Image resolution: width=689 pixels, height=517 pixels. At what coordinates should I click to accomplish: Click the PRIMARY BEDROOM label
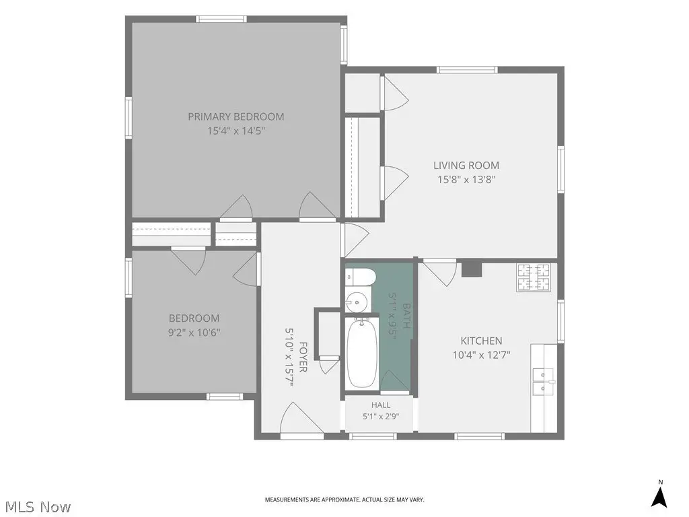[x=236, y=116]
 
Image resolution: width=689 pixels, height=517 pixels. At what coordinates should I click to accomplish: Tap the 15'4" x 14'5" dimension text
[x=236, y=131]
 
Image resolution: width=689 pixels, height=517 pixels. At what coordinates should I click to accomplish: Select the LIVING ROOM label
[x=466, y=166]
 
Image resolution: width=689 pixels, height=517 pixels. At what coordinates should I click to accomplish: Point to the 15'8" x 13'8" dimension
[x=466, y=179]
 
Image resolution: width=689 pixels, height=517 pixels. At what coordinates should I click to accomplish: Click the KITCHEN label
[x=481, y=341]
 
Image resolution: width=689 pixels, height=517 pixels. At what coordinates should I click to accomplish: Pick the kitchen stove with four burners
[x=534, y=277]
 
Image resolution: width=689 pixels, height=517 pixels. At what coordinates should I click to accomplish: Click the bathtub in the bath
[x=361, y=353]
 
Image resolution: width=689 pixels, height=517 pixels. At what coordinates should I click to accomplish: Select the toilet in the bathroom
[x=361, y=277]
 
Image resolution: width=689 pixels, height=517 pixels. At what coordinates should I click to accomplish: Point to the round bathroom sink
[x=357, y=302]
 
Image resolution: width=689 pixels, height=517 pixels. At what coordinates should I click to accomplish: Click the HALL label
[x=381, y=405]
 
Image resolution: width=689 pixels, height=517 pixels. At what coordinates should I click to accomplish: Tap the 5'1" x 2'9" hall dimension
[x=381, y=416]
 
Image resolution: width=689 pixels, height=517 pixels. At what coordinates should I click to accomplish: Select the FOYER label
[x=303, y=357]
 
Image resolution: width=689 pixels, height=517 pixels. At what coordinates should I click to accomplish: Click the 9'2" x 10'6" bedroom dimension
[x=194, y=333]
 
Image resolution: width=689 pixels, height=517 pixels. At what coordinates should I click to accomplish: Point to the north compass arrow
[x=659, y=496]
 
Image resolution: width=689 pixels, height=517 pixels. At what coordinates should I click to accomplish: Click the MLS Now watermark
[x=35, y=506]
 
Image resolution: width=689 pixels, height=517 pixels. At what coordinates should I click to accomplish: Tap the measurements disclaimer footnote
[x=344, y=499]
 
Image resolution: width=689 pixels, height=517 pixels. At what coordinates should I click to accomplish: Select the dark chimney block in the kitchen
[x=472, y=269]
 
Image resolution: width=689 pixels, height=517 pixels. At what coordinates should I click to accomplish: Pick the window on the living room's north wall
[x=467, y=69]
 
